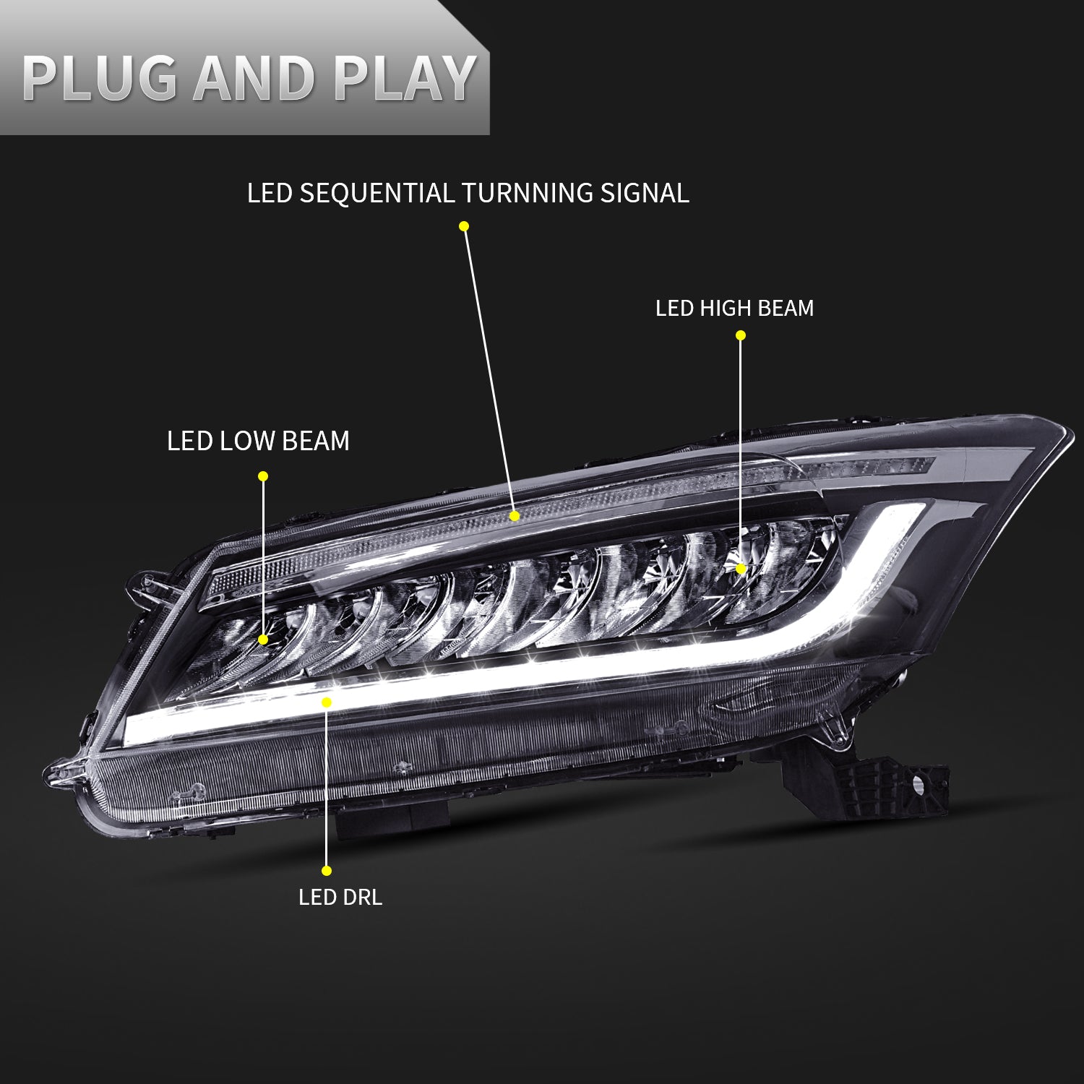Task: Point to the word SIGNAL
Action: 645,194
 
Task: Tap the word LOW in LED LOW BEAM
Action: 249,441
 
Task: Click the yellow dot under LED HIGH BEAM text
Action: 740,335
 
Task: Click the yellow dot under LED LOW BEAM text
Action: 263,476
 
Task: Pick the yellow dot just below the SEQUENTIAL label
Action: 464,226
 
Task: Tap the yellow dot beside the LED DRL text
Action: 327,871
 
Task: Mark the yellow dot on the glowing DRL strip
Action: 327,702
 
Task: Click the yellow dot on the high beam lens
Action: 741,569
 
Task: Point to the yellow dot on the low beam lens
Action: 263,640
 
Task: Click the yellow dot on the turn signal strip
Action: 515,516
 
